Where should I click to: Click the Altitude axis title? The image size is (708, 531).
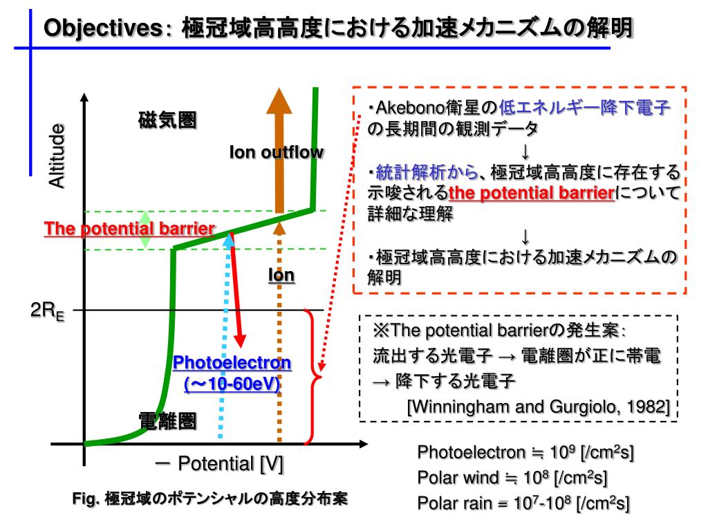point(57,156)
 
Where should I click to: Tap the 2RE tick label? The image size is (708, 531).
point(48,313)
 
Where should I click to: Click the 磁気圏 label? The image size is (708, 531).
point(167,120)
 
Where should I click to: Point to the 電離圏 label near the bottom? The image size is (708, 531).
point(167,420)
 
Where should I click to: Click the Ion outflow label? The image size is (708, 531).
point(276,153)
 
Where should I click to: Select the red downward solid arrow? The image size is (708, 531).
point(236,290)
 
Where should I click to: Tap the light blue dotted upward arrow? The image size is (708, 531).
point(223,346)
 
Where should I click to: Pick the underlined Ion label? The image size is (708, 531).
point(281,276)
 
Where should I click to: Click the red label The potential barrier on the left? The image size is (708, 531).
point(129,229)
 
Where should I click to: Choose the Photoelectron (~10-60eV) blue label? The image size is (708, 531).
point(232,373)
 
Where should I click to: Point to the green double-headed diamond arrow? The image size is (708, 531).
point(145,229)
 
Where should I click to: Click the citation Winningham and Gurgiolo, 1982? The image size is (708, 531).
point(538,406)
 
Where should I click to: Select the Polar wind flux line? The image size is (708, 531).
point(512,478)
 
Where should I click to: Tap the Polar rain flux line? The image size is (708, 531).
point(523,503)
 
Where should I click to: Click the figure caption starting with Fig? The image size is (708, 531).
point(210,499)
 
